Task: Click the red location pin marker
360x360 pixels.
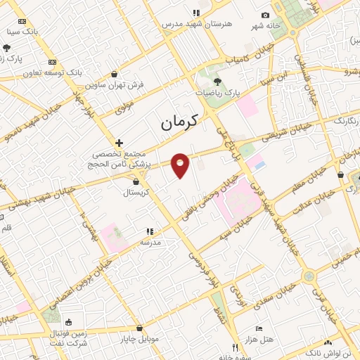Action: [x=181, y=165]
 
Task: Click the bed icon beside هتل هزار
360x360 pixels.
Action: [x=259, y=328]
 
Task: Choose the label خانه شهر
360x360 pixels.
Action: [x=266, y=26]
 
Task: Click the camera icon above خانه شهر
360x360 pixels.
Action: [x=265, y=15]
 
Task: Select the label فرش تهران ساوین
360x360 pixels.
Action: [x=115, y=84]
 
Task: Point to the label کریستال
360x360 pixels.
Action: [x=135, y=191]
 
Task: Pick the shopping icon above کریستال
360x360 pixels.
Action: [x=136, y=181]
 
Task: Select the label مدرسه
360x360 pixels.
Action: [x=150, y=241]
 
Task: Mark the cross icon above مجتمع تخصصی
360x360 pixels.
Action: [x=120, y=143]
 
